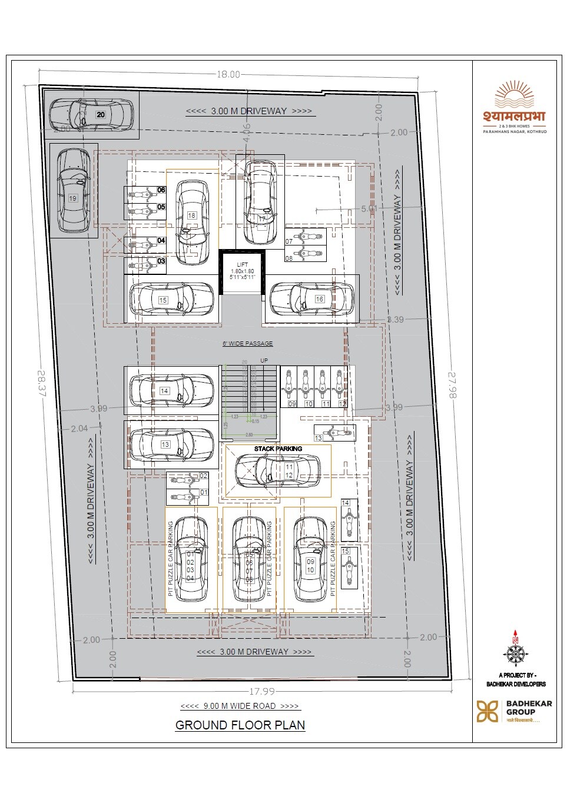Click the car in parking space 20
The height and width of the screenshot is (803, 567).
[91, 114]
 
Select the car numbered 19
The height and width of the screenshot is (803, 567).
[74, 190]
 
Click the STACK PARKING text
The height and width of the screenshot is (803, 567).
[278, 449]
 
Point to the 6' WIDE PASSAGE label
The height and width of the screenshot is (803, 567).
[247, 343]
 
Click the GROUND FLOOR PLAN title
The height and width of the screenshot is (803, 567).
[240, 725]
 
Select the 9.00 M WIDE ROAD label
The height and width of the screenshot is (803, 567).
[240, 706]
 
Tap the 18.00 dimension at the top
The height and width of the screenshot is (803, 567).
[228, 74]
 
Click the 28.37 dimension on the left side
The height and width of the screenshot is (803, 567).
[41, 383]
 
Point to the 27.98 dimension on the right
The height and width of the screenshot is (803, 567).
[452, 385]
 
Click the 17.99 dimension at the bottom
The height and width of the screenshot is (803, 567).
[261, 691]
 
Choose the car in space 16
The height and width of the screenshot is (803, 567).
[312, 298]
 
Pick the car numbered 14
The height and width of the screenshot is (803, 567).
[171, 390]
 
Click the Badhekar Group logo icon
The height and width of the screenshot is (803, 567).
[487, 711]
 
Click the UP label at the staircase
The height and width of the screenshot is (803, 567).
[264, 360]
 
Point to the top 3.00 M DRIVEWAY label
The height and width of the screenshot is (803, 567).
[248, 111]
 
